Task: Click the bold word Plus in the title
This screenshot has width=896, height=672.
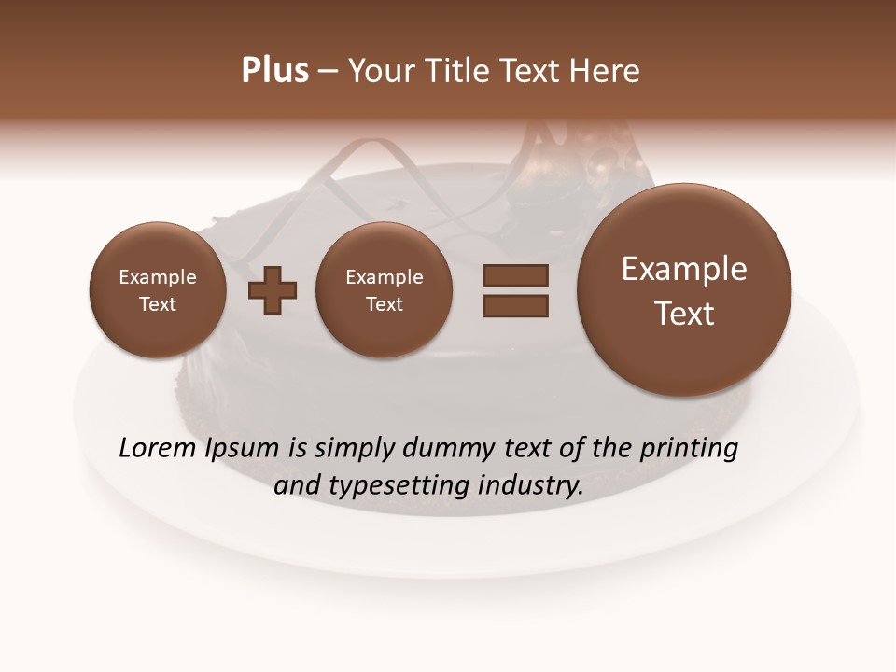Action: coord(274,71)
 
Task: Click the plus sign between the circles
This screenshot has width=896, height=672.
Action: coord(273,290)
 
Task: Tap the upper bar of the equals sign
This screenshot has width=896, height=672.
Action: coord(515,275)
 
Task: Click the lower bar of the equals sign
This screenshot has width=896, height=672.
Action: coord(515,306)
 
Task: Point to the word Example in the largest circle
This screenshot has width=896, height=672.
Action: coord(684,269)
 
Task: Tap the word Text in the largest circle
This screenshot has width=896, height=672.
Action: coord(684,314)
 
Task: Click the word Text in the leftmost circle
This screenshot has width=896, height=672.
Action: coord(158,304)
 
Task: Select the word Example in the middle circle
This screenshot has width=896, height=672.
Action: coord(385,277)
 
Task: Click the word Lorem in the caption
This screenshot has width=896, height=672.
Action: coord(157,449)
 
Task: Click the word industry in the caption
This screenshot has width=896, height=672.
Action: coord(531,486)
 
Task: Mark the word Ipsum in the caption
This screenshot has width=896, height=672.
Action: coord(243,449)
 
